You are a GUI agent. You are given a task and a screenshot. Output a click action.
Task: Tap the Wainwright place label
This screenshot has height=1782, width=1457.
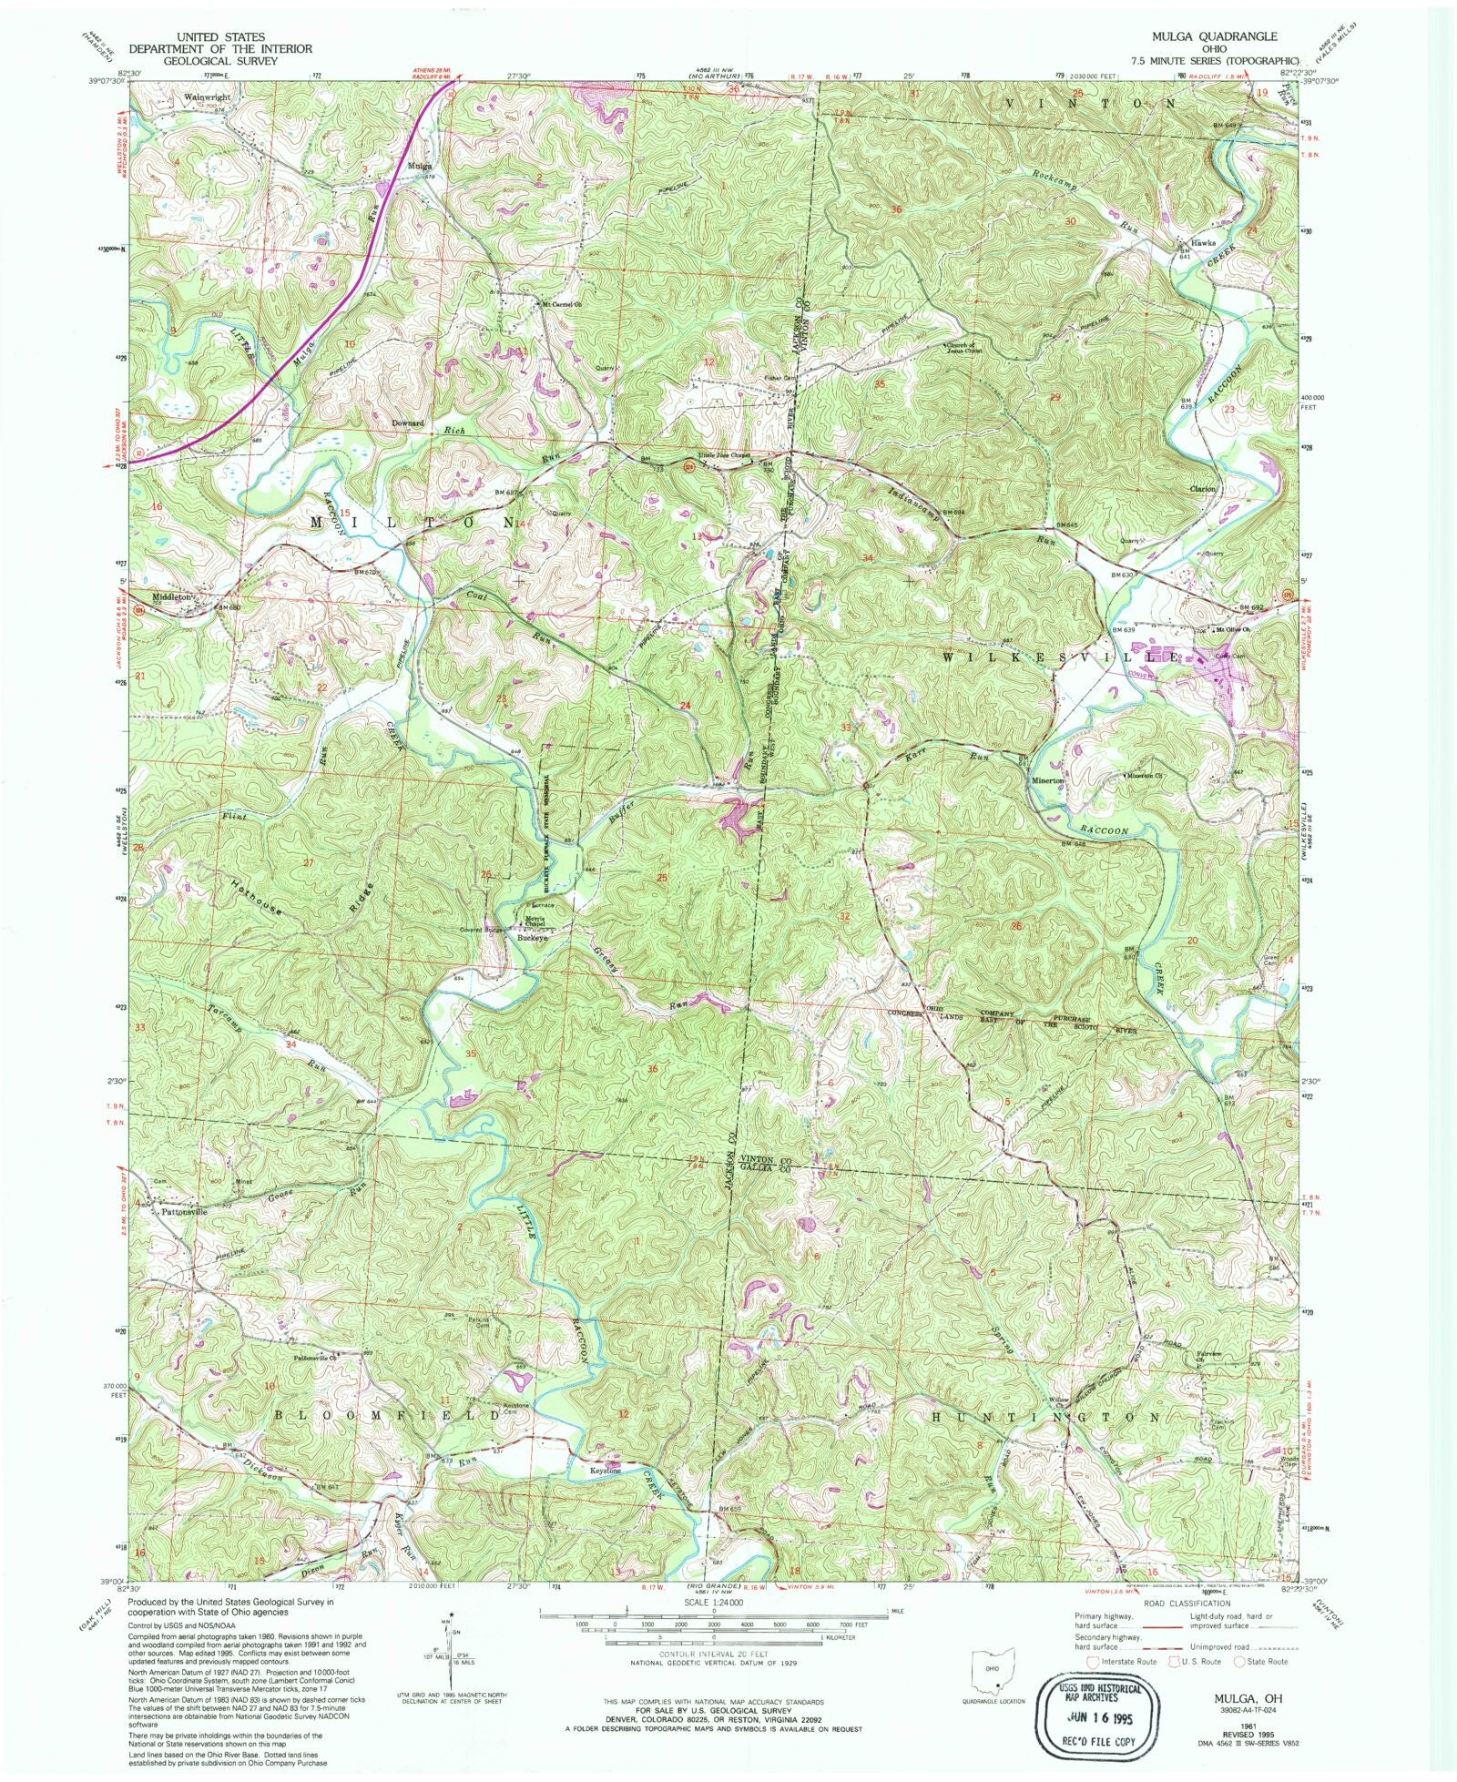coord(208,96)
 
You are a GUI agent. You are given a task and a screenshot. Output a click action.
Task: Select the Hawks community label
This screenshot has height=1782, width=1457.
coord(1202,243)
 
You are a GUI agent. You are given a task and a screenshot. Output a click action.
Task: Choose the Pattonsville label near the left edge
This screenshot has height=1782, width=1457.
coord(179,1212)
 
